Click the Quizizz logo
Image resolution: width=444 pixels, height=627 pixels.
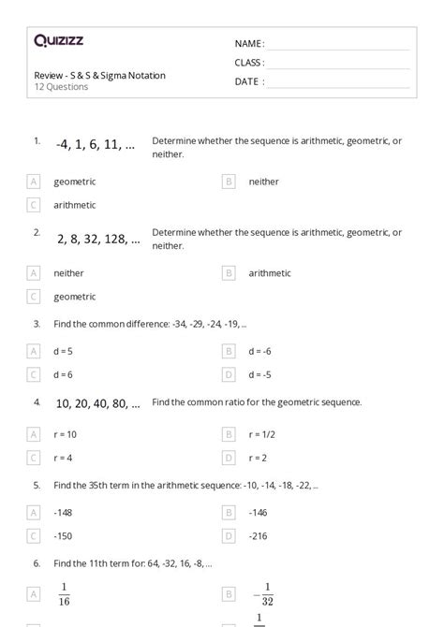58,40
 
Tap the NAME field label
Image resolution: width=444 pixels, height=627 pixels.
248,44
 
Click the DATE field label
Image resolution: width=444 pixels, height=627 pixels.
248,81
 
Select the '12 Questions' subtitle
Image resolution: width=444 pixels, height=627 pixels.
61,87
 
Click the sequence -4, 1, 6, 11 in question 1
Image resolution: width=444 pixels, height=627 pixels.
96,145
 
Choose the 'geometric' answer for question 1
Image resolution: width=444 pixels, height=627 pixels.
75,182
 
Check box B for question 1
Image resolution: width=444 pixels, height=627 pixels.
229,182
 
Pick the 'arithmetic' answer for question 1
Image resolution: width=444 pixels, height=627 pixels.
75,205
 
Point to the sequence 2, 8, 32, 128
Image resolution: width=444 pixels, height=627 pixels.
98,238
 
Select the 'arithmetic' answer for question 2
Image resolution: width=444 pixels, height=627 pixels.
270,273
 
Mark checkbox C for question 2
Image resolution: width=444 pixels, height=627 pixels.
34,297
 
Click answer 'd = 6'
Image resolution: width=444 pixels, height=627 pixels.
63,374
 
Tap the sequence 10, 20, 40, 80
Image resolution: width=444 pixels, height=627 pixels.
97,404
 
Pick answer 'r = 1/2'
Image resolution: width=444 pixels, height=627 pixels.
261,434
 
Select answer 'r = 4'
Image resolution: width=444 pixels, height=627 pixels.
63,458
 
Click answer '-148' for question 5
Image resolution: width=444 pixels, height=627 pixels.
64,513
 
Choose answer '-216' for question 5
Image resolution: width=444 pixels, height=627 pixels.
259,536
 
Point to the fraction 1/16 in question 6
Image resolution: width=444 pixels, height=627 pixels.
65,593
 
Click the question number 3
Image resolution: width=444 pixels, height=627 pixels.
37,324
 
